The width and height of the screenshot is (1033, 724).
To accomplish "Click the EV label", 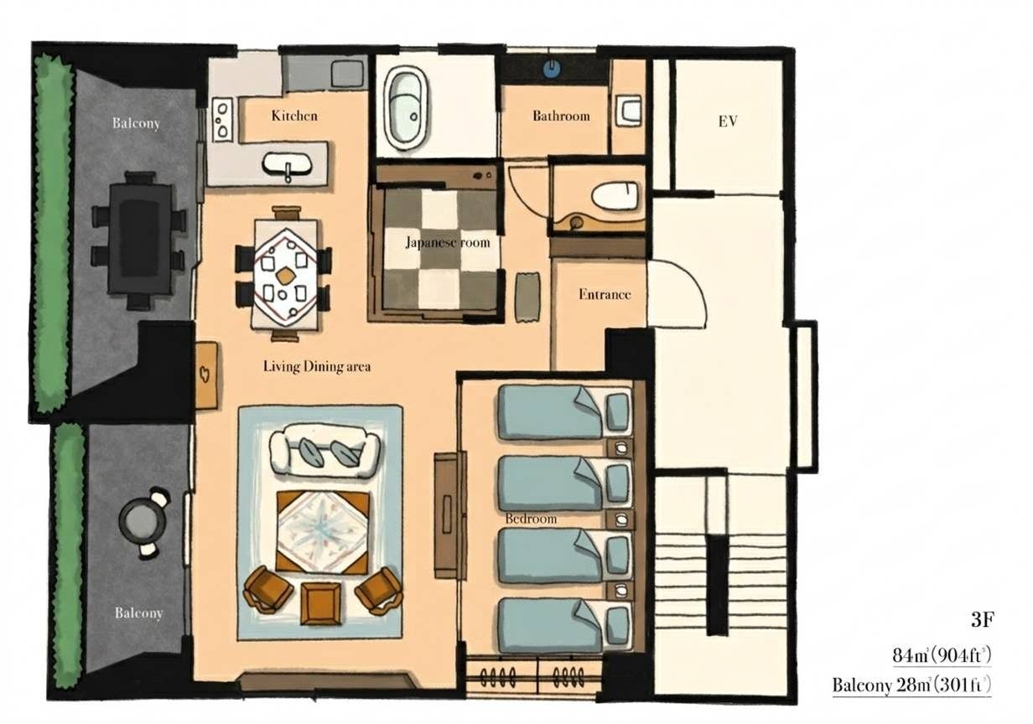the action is [x=727, y=122].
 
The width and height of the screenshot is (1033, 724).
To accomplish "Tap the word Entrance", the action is [x=604, y=294].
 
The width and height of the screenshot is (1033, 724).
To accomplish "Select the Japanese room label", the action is [x=448, y=242].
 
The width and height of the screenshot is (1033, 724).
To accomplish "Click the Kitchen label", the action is [x=294, y=115].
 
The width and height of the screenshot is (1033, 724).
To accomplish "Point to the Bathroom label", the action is [x=561, y=116].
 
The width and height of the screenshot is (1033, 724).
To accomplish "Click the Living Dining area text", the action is [x=317, y=366].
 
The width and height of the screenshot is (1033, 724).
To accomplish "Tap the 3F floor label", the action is [x=982, y=620].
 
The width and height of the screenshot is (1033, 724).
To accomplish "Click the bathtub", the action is [x=405, y=109].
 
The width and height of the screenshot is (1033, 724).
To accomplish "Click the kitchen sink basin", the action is [x=287, y=163].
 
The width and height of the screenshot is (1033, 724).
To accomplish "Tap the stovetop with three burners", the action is [x=222, y=119].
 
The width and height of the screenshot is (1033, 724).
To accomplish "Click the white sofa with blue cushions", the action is [x=324, y=449].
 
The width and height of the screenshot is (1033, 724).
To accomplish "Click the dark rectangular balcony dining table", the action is [x=140, y=238].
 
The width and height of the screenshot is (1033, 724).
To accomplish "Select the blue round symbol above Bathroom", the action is [x=552, y=69].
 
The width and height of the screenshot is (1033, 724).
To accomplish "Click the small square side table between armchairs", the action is [x=321, y=603].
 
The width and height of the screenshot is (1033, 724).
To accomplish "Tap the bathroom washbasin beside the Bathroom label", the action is [x=628, y=111].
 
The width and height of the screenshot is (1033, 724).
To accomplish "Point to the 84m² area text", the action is [x=942, y=655].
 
